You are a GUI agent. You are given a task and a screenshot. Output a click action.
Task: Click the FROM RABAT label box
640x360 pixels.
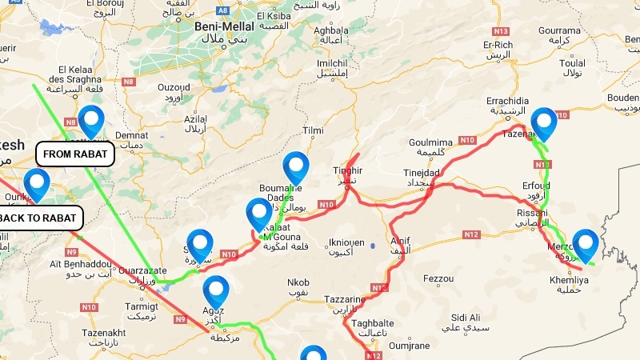pyautogui.click(x=74, y=154)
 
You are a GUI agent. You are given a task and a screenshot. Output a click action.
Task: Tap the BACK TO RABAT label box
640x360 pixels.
pyautogui.click(x=39, y=218)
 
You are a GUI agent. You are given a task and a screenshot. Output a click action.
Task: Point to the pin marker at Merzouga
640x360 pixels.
pyautogui.click(x=586, y=245)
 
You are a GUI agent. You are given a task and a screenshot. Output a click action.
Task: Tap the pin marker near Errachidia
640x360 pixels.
pyautogui.click(x=544, y=124)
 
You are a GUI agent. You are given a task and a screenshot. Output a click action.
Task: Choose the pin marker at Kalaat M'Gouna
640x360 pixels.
pyautogui.click(x=259, y=215)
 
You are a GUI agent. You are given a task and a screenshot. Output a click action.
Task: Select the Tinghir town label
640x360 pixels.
pyautogui.click(x=347, y=170)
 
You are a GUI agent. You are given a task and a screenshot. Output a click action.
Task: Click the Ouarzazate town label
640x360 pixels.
pyautogui.click(x=142, y=270)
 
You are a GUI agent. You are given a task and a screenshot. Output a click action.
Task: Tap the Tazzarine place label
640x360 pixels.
pyautogui.click(x=345, y=299)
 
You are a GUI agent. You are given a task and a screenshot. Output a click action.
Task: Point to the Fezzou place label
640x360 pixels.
pyautogui.click(x=438, y=278)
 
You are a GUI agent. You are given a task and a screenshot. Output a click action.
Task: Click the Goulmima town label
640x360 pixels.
pyautogui.click(x=430, y=142)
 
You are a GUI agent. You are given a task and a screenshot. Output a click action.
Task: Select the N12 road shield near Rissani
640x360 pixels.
pyautogui.click(x=470, y=234)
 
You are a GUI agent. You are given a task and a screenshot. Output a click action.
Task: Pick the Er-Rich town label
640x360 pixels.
pyautogui.click(x=498, y=45)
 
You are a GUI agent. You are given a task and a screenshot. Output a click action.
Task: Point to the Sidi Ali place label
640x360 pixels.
pyautogui.click(x=465, y=317)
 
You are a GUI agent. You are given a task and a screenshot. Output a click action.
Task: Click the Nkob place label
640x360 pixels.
pyautogui.click(x=298, y=282)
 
